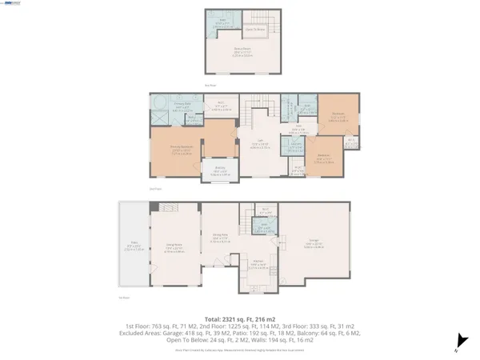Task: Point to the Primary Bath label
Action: pyautogui.click(x=182, y=103)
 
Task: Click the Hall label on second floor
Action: pyautogui.click(x=296, y=126)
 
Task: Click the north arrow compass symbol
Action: pyautogui.click(x=458, y=341)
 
